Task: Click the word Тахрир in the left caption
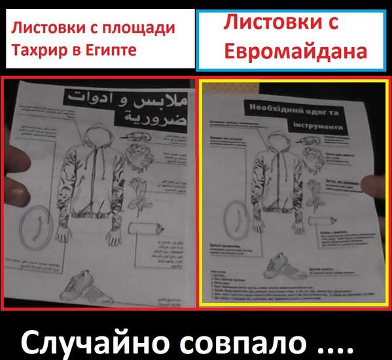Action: point(36,50)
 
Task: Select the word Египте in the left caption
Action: point(113,50)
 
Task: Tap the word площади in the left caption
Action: point(140,28)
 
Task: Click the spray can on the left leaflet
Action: point(147,228)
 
